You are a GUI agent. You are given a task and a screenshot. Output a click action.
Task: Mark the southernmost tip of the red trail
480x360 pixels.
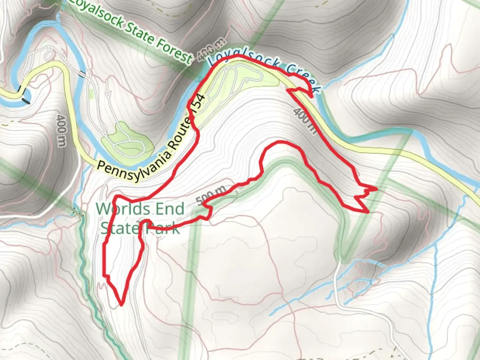[x=121, y=304]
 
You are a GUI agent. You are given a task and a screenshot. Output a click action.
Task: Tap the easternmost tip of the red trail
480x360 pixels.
[x=377, y=189]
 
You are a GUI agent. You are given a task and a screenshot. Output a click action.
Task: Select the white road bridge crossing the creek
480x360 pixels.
[x=83, y=74]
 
